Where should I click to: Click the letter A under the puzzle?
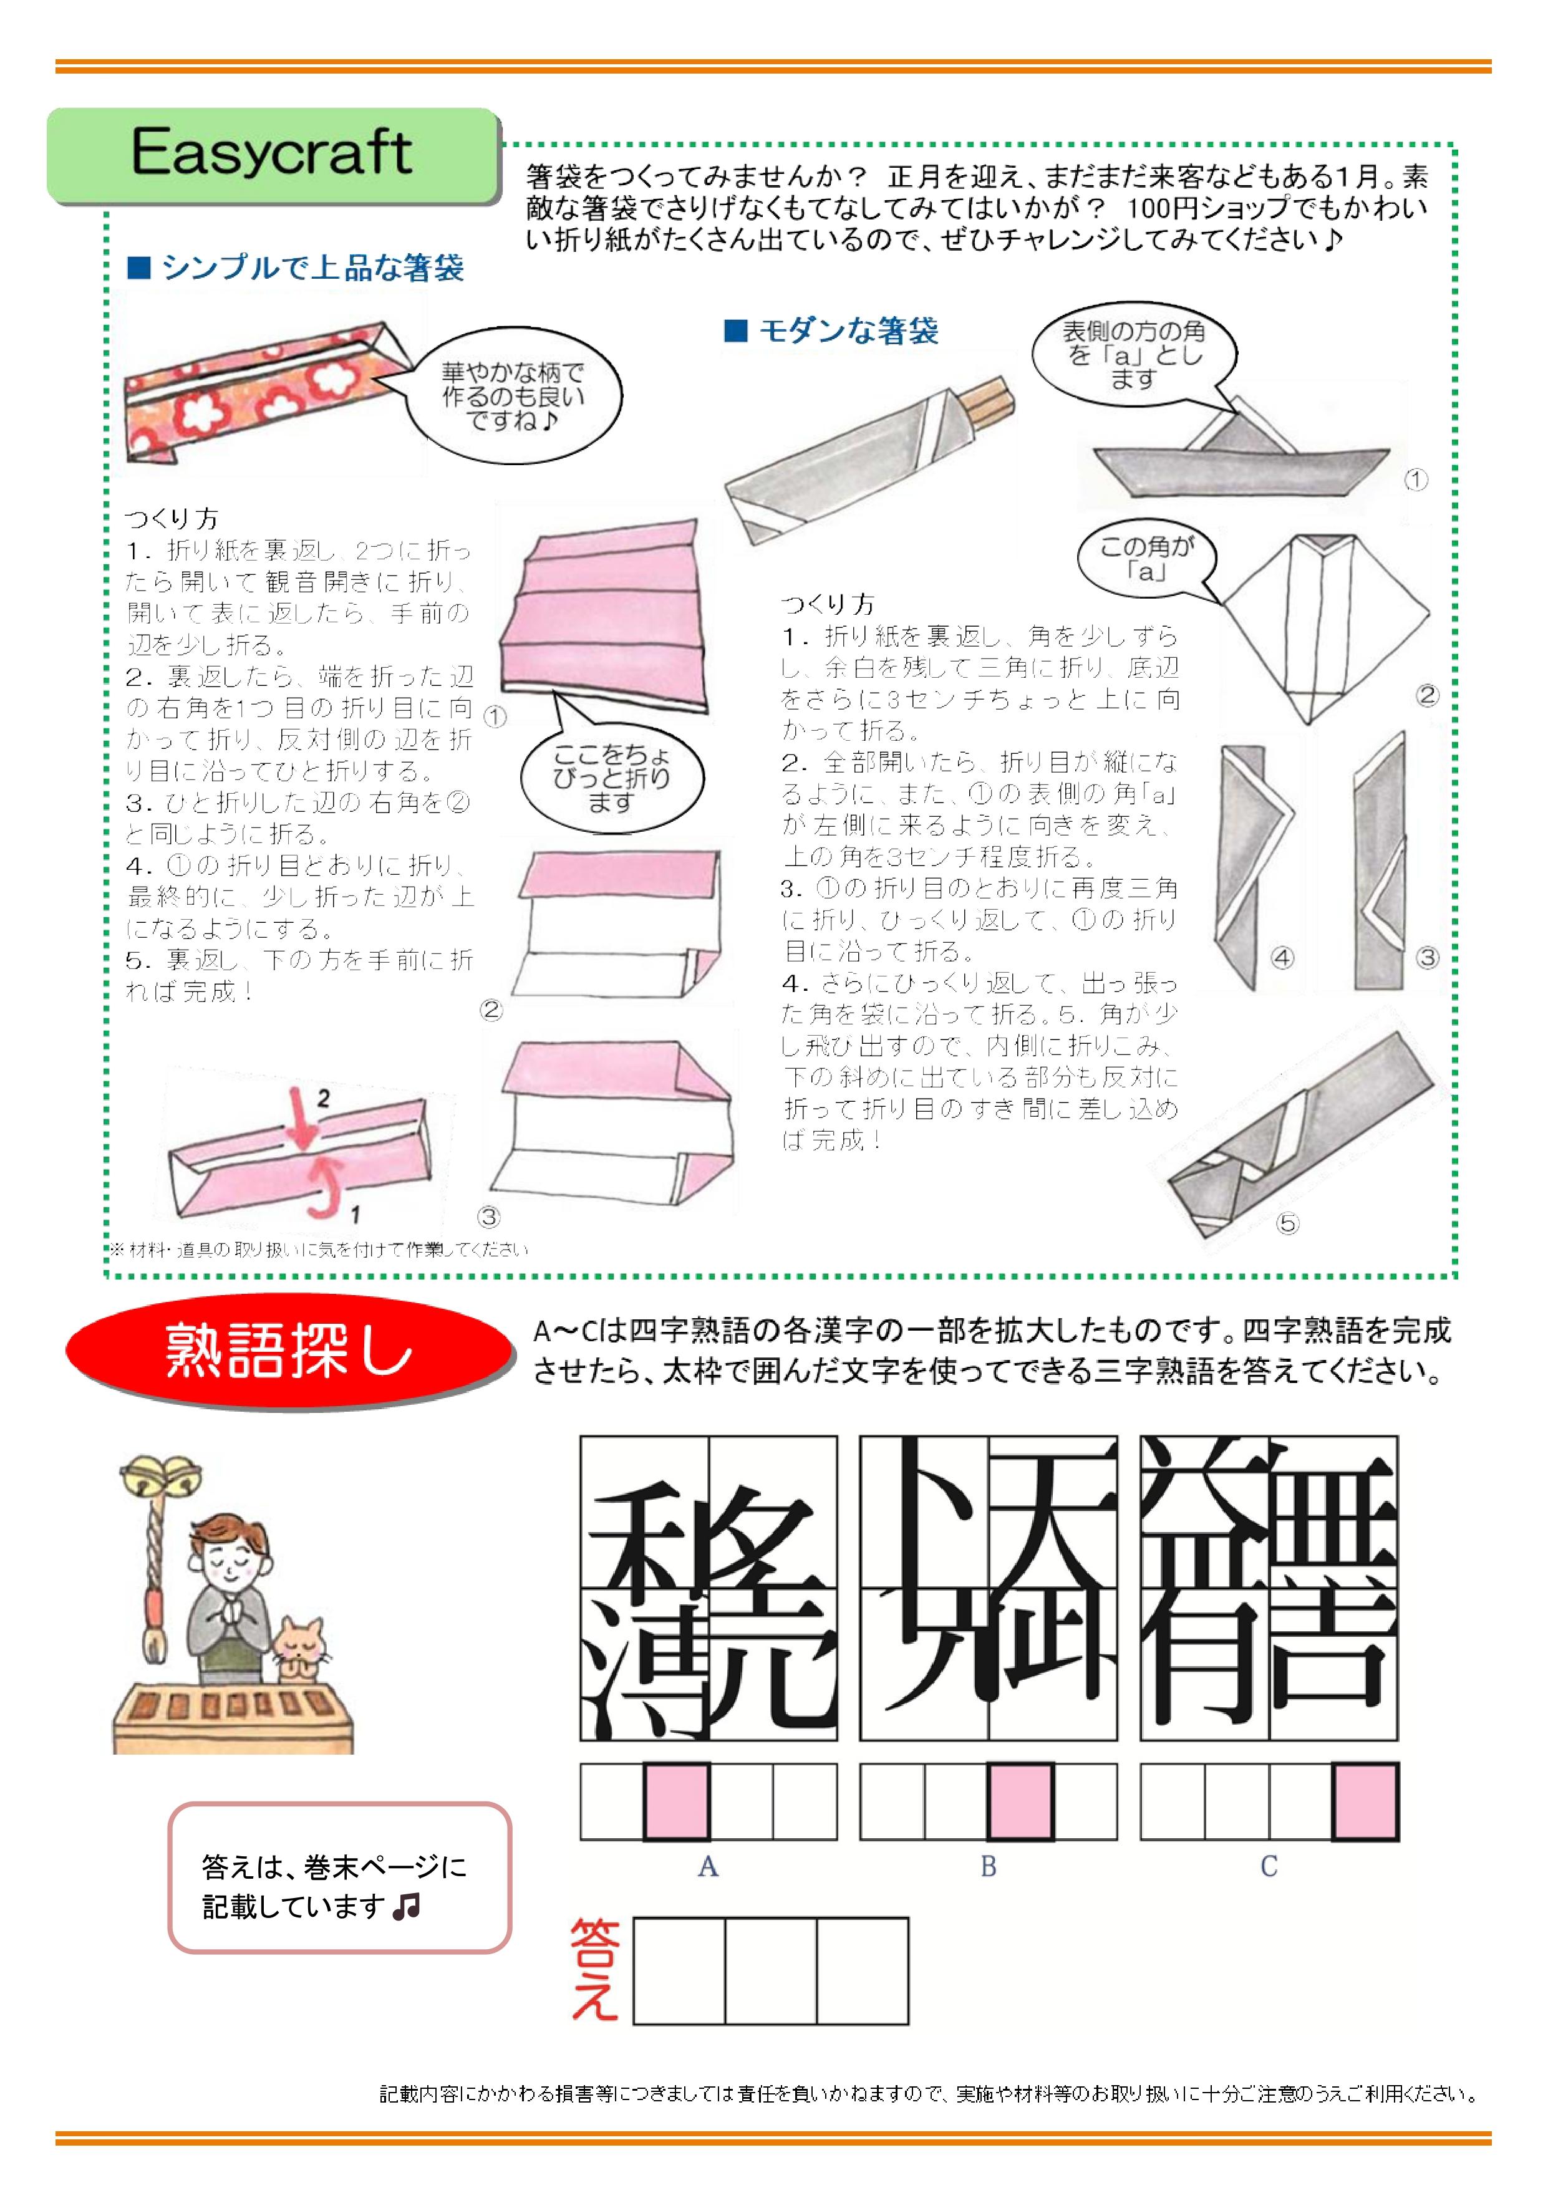point(707,1866)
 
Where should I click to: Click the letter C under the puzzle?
point(1269,1866)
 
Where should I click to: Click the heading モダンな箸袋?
point(832,330)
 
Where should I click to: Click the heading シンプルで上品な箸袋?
point(296,267)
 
